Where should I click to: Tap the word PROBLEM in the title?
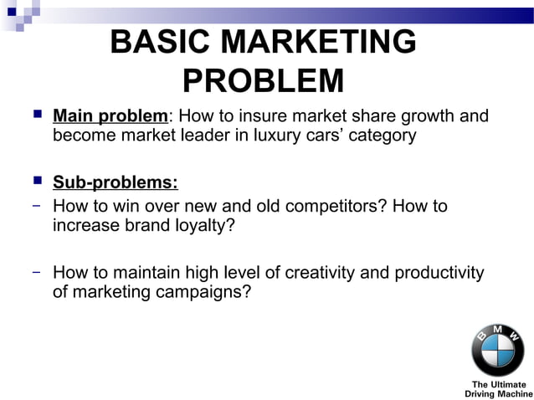tap(263, 82)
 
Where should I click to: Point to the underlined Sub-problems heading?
tap(115, 182)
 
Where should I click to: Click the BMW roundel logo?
tap(497, 351)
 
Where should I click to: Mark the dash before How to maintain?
tap(38, 273)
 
